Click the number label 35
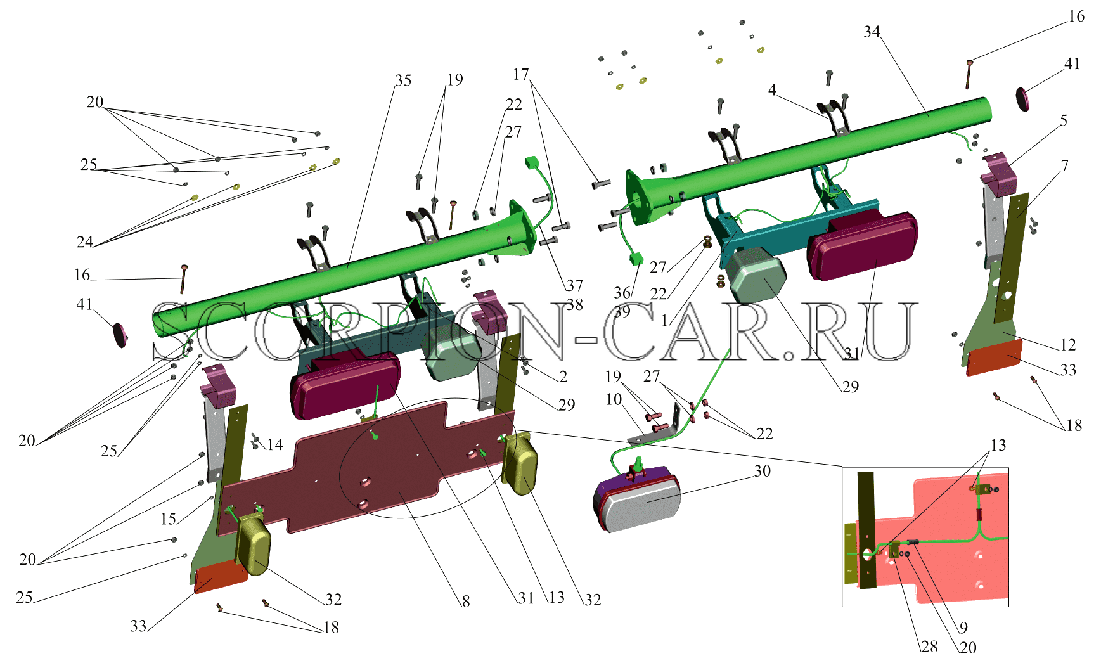point(403,80)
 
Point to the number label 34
point(872,32)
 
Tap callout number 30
point(763,471)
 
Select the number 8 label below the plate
point(466,601)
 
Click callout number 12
point(1068,345)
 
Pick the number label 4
point(772,90)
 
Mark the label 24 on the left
point(85,241)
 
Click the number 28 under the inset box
point(929,647)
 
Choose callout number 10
point(614,399)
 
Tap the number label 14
point(274,445)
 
